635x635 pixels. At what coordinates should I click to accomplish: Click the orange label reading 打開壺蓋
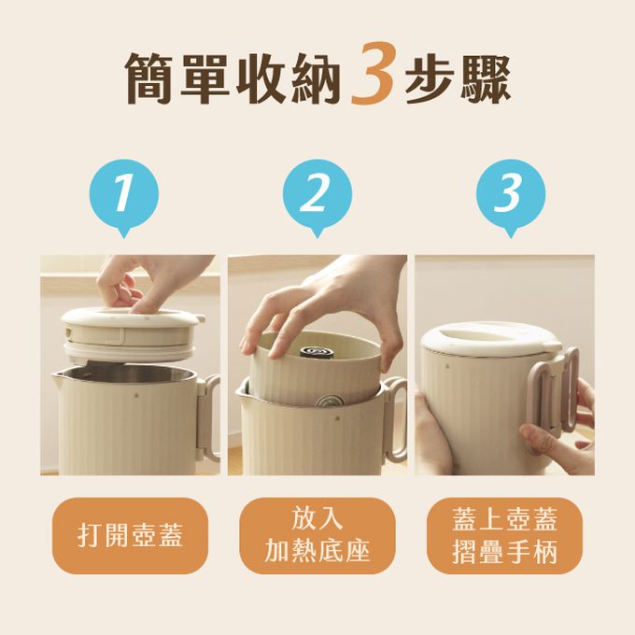pos(130,535)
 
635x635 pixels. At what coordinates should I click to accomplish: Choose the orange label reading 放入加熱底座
pos(317,535)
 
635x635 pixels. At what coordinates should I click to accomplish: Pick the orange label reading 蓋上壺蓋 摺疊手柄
pos(504,535)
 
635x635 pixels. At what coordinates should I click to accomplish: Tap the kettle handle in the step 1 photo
pos(209,419)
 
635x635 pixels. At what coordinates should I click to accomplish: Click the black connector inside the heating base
pos(317,351)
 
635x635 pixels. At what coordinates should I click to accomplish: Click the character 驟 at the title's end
pos(485,77)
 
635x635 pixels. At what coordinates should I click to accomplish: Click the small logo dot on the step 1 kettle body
pos(134,394)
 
